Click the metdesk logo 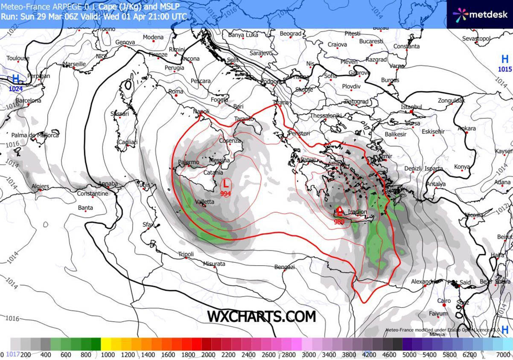pos(480,15)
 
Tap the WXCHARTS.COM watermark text pos(262,316)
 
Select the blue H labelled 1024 pos(16,79)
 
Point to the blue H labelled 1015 pos(505,59)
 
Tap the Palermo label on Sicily pos(188,163)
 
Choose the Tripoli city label pos(186,254)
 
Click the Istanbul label pos(411,107)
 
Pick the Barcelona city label pos(28,101)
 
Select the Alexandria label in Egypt pos(425,282)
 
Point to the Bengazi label pos(285,267)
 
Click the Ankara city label pos(466,128)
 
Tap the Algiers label pos(40,186)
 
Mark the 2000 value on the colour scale pos(208,354)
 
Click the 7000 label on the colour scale pos(504,354)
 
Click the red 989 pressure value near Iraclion pos(339,221)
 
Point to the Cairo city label pos(444,301)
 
